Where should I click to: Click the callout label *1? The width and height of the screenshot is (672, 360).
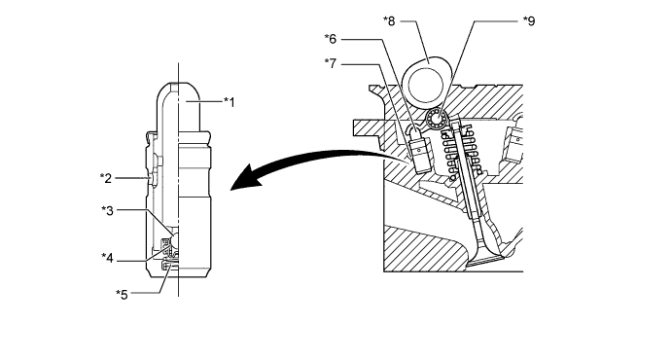pos(230,102)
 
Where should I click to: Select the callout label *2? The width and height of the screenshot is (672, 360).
pos(106,178)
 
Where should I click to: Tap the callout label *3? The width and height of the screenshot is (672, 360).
pos(107,210)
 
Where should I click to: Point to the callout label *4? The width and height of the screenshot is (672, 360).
pos(107,258)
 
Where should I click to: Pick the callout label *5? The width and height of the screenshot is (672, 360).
pos(123,295)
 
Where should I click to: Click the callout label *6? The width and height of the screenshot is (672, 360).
pos(331,39)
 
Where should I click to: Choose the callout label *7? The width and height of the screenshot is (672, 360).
pos(331,64)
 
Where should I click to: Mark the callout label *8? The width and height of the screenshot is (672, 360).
pos(389,20)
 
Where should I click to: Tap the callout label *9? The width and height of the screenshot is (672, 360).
pos(529,21)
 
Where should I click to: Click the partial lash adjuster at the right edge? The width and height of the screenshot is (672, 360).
pos(516,140)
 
